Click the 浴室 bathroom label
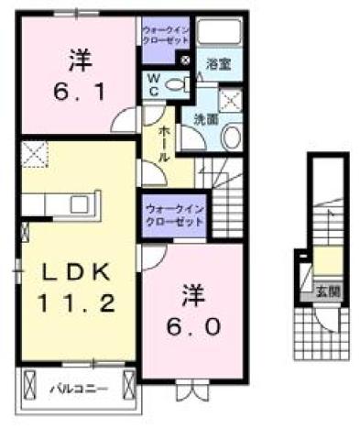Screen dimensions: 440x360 click(x=217, y=64)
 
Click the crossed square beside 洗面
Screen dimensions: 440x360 click(x=230, y=101)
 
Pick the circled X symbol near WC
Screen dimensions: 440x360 click(x=185, y=60)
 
